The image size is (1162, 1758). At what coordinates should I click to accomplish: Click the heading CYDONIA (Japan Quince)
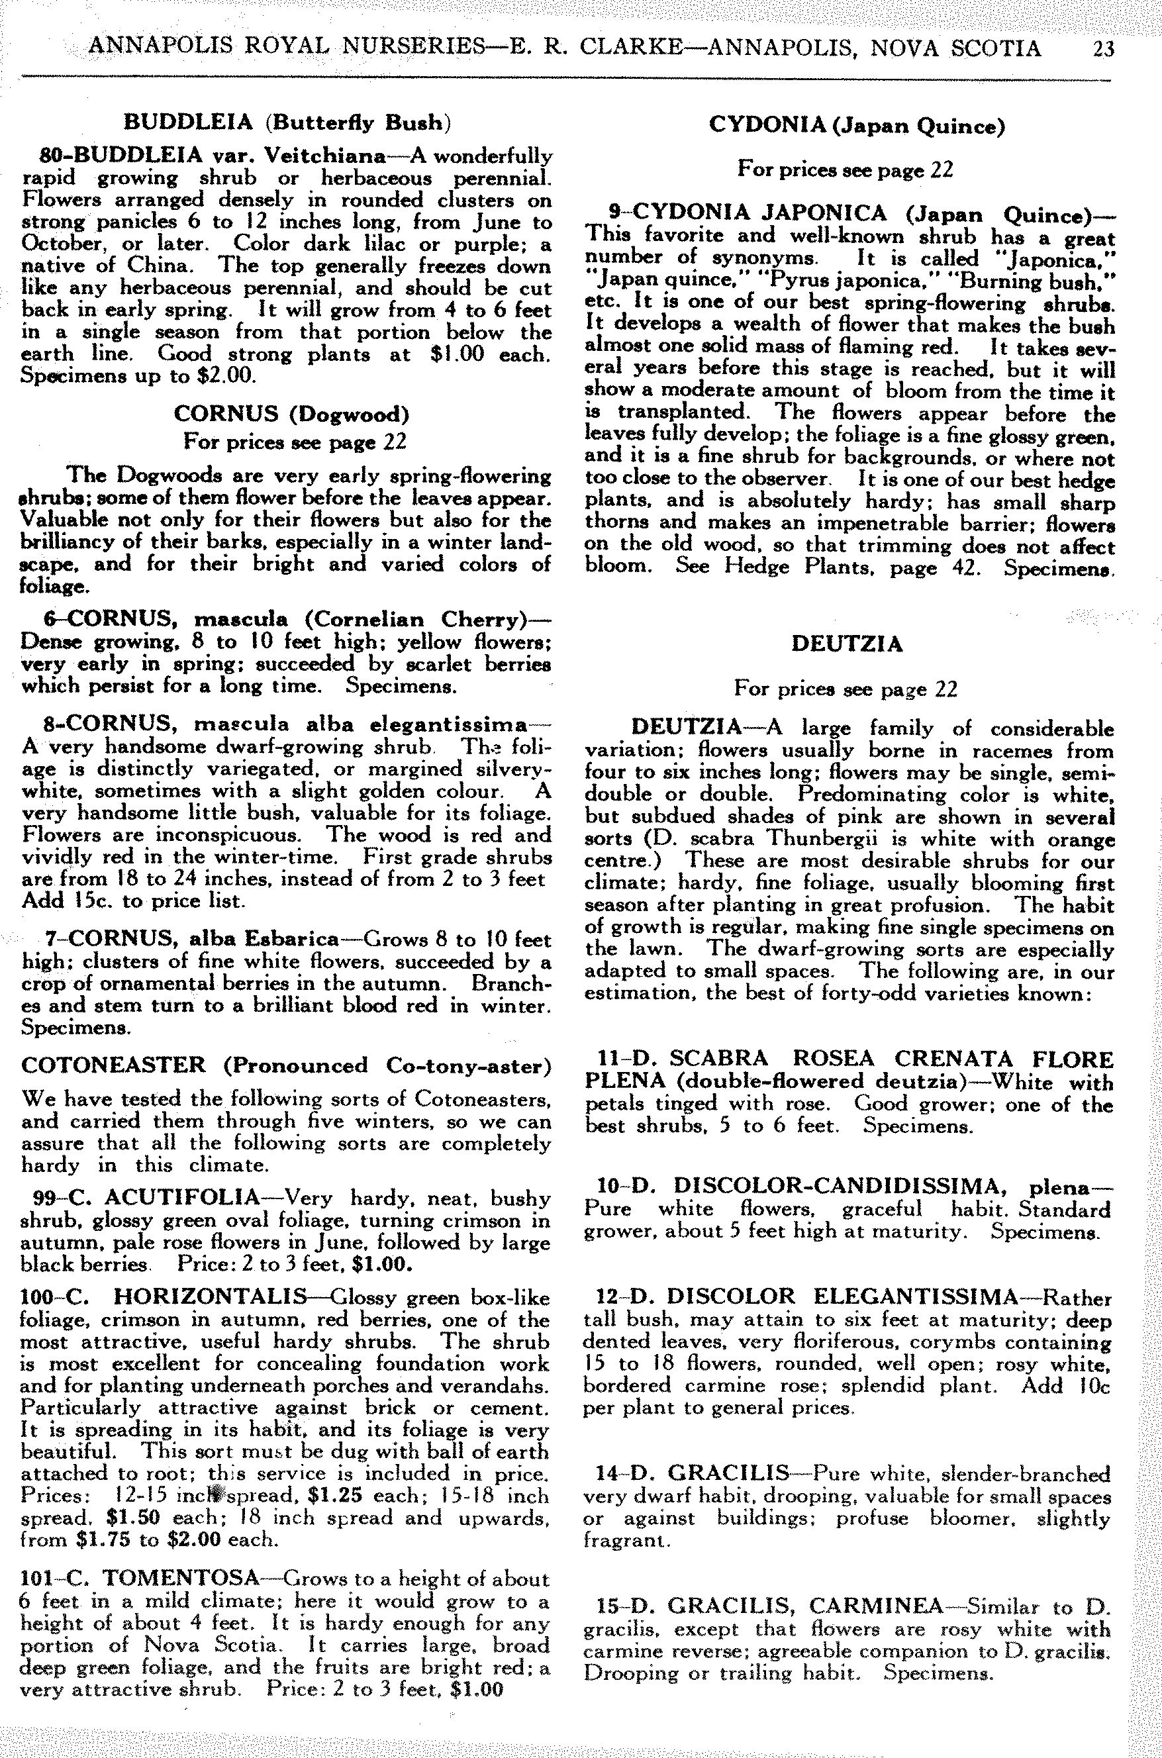pos(857,125)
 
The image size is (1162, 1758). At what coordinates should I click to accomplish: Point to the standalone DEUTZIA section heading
pos(846,644)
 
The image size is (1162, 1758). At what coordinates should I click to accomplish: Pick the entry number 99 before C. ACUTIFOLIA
pos(48,1198)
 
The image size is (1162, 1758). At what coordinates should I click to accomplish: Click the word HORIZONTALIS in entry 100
pos(211,1297)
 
